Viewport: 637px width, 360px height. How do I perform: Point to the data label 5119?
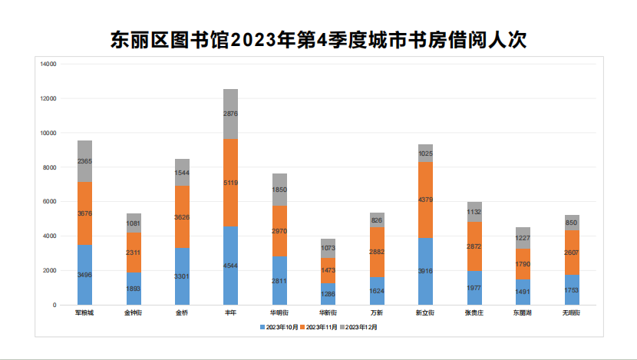pos(230,183)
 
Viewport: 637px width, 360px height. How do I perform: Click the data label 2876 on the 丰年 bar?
pos(230,114)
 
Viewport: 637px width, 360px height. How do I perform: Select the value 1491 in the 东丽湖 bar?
pos(523,292)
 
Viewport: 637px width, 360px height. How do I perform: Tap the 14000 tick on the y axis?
pos(48,64)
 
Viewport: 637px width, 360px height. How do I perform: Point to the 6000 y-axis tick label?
pos(50,202)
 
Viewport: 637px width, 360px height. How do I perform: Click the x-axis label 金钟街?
pos(133,313)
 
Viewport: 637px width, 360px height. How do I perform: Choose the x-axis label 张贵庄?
pos(474,313)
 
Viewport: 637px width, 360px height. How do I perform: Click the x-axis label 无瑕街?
pos(571,313)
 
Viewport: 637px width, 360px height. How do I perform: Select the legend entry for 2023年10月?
pos(282,327)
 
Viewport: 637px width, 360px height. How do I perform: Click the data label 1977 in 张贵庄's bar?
pos(474,288)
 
